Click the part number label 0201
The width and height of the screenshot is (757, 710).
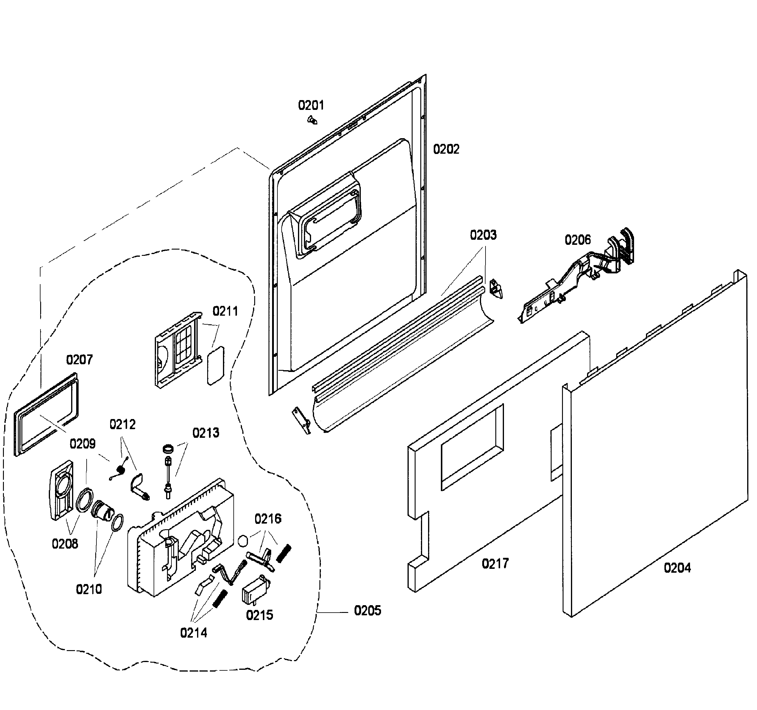tap(311, 105)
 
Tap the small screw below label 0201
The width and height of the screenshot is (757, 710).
tap(312, 120)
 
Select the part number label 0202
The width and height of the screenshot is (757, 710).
tap(446, 149)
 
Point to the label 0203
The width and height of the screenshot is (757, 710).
tap(483, 235)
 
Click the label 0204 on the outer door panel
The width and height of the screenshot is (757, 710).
tap(677, 568)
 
